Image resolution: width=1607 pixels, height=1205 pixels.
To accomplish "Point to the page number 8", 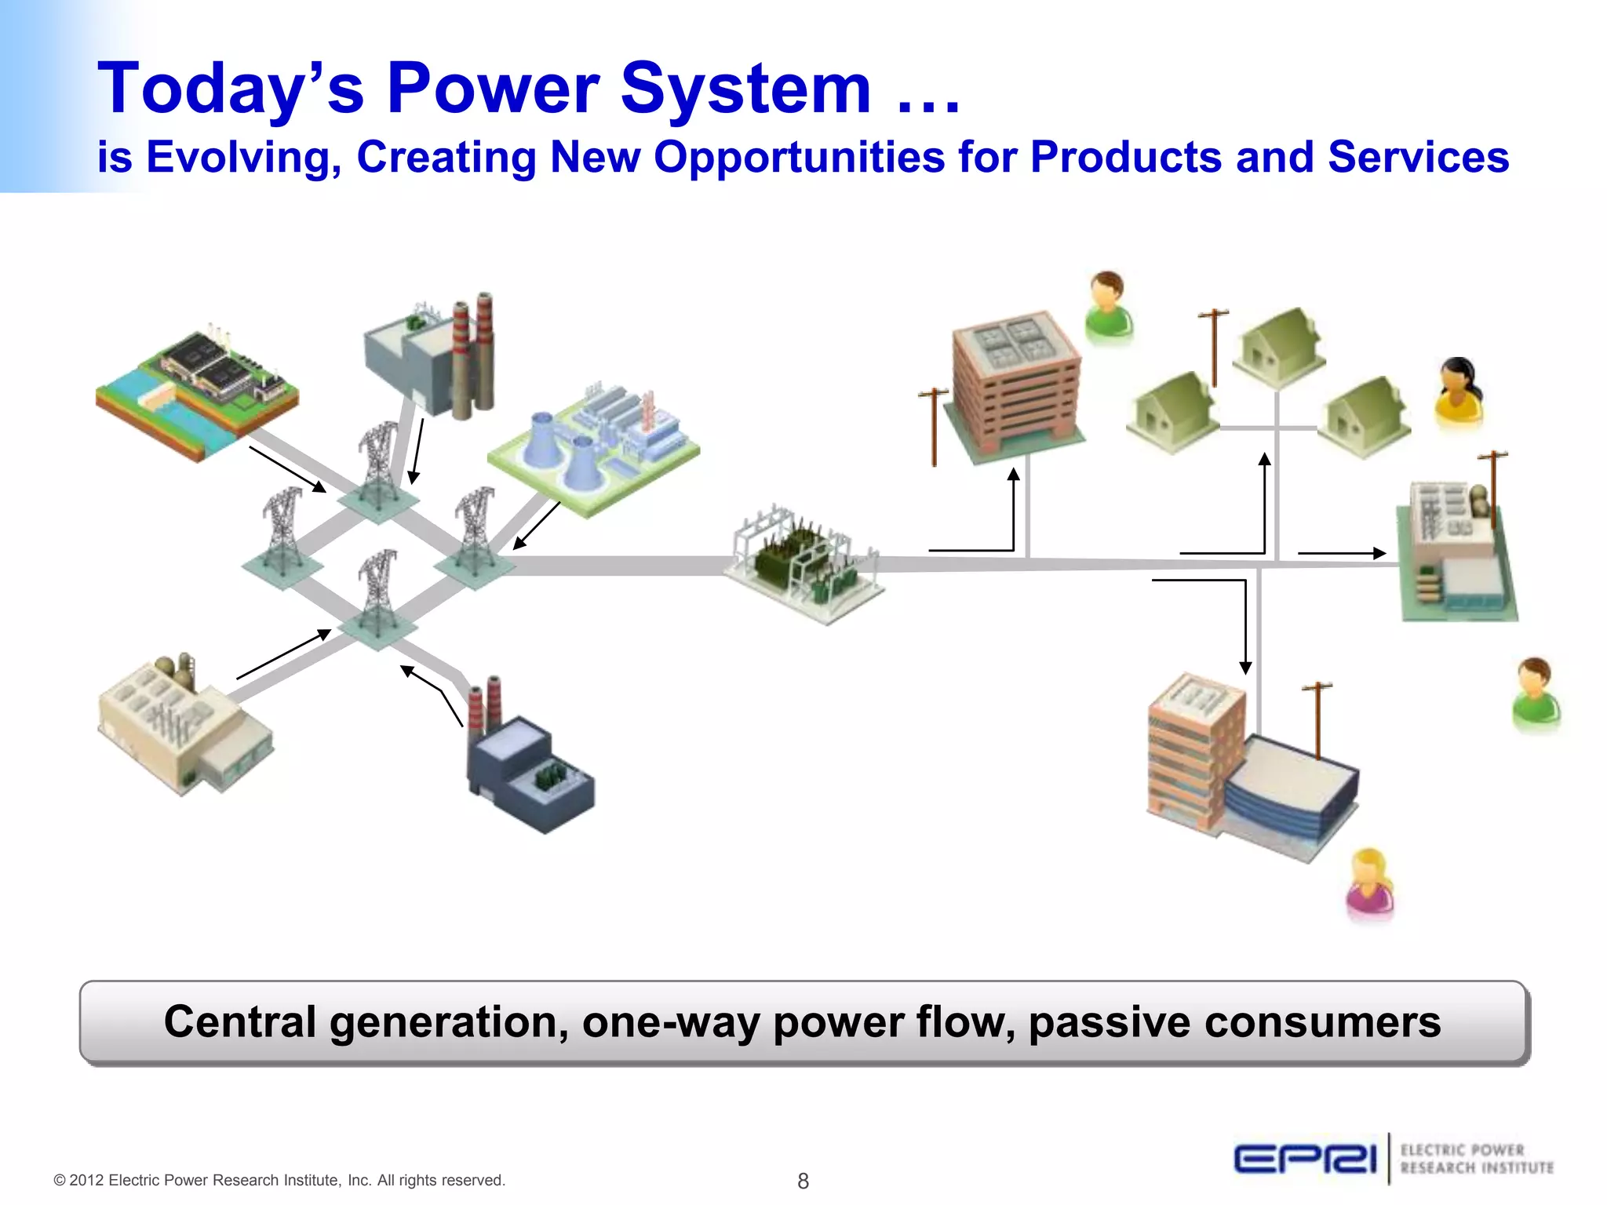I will (803, 1181).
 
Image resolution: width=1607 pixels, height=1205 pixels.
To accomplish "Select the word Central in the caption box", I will (239, 1022).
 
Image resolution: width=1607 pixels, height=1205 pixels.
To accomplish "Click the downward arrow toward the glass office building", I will (1245, 628).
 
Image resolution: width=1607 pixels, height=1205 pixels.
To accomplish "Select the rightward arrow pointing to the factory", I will (1342, 553).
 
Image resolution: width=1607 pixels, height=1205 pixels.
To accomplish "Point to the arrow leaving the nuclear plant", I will (537, 526).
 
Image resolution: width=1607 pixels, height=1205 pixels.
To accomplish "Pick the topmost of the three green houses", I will (1279, 346).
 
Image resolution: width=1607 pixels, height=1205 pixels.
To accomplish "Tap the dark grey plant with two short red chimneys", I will (526, 761).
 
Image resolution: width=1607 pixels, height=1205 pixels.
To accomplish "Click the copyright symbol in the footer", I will (60, 1181).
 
